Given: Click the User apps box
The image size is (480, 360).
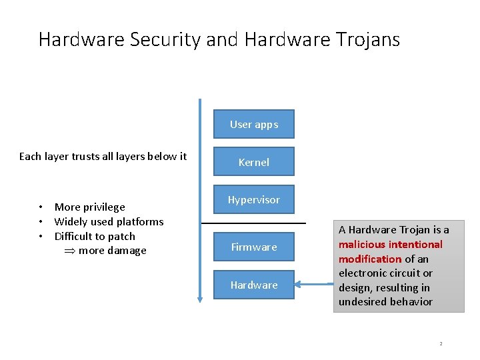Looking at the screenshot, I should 254,124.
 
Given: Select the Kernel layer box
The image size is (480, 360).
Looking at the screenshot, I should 254,162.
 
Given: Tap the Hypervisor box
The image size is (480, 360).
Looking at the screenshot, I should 254,199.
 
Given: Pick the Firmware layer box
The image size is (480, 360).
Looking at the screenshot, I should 254,247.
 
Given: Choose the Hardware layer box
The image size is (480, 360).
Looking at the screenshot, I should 254,285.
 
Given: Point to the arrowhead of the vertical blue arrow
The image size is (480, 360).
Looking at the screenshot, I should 199,299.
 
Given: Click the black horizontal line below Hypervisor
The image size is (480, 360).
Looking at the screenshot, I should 253,223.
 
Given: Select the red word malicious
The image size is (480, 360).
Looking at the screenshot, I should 363,244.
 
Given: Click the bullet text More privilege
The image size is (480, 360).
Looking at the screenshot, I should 89,207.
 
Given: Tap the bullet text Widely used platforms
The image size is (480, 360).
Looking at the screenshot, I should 109,221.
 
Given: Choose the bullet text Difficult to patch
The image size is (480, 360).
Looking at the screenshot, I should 95,236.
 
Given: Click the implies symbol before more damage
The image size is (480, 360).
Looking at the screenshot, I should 69,251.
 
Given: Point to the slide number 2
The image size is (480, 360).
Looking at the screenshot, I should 441,343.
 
